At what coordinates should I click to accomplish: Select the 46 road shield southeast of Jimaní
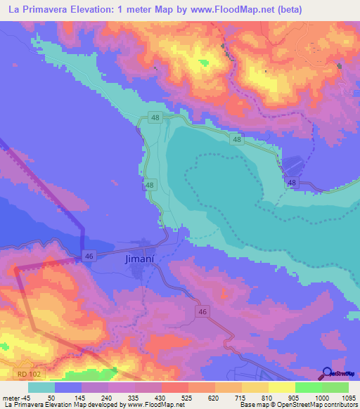coord(203,311)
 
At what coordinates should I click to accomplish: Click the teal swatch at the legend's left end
coord(41,387)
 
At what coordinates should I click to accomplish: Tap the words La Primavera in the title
coord(37,9)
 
